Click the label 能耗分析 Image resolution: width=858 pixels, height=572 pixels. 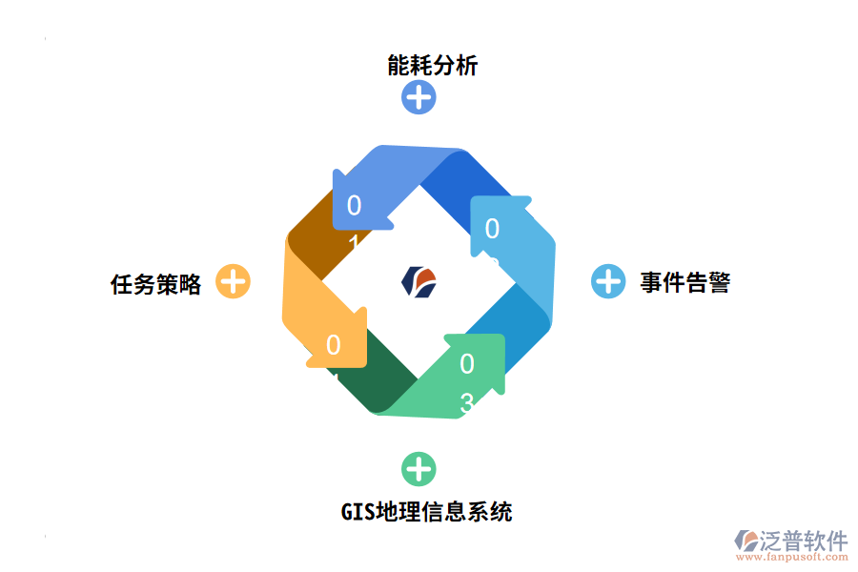pyautogui.click(x=432, y=65)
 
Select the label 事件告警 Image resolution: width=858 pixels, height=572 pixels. pyautogui.click(x=684, y=282)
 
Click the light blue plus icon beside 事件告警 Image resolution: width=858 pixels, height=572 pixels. pyautogui.click(x=608, y=281)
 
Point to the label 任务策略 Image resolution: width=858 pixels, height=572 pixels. pyautogui.click(x=156, y=284)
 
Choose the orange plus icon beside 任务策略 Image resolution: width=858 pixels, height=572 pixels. pyautogui.click(x=234, y=281)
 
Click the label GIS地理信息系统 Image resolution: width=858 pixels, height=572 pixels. pyautogui.click(x=426, y=512)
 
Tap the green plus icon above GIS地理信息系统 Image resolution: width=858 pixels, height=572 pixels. pyautogui.click(x=419, y=469)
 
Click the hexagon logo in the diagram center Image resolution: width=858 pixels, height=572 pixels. pyautogui.click(x=419, y=281)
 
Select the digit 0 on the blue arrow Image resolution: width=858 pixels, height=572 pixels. pyautogui.click(x=354, y=205)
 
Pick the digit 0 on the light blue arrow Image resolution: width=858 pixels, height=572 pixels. pyautogui.click(x=492, y=229)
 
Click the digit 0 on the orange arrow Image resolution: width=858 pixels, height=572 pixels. pyautogui.click(x=333, y=345)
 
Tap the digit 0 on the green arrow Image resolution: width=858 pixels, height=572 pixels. pyautogui.click(x=466, y=364)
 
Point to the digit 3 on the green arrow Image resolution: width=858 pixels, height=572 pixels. pyautogui.click(x=466, y=403)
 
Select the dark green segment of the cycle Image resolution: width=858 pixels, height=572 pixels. pyautogui.click(x=381, y=381)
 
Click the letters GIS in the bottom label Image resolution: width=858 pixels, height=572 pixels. pyautogui.click(x=357, y=512)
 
